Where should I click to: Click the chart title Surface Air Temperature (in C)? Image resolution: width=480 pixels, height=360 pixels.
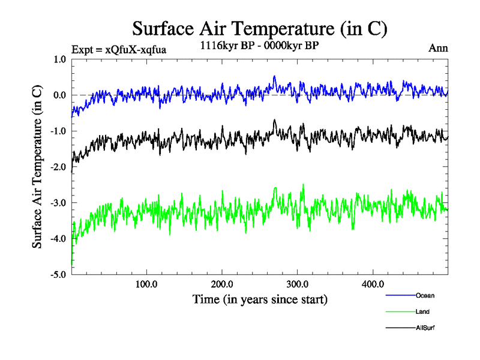[x=260, y=28]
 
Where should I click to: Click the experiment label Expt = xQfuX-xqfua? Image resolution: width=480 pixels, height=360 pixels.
[x=118, y=50]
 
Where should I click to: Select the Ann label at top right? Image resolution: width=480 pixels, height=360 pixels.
[x=438, y=48]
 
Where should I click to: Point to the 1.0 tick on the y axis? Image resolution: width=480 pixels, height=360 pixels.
[x=59, y=59]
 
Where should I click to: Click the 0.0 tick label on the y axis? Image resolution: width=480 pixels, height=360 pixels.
[x=59, y=95]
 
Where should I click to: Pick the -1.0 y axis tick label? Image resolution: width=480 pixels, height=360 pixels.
[x=58, y=131]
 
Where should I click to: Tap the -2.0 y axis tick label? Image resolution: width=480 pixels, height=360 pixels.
[x=58, y=167]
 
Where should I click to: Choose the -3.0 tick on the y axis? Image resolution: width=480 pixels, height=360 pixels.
[x=58, y=203]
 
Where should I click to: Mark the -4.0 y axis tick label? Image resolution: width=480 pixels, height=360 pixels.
[x=58, y=239]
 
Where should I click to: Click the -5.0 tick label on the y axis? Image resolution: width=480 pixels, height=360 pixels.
[x=58, y=275]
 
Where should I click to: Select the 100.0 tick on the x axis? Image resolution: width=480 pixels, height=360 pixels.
[x=146, y=284]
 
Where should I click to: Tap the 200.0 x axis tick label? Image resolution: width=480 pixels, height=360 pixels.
[x=222, y=284]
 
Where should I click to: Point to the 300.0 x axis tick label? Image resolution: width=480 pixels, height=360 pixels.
[x=298, y=284]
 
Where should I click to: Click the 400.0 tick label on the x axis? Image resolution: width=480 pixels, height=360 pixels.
[x=373, y=284]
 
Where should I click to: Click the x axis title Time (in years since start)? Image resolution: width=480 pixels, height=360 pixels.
[x=260, y=299]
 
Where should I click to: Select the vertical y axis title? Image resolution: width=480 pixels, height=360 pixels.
[x=37, y=167]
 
